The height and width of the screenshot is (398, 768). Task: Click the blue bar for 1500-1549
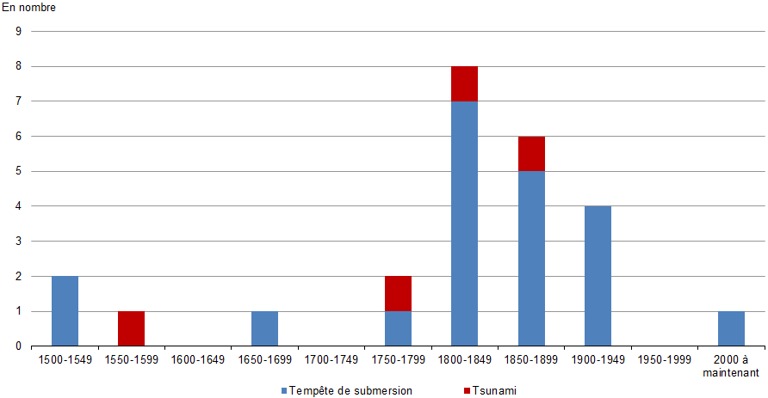point(65,311)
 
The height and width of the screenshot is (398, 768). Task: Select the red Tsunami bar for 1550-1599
point(131,328)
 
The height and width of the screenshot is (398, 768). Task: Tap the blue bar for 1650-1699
point(264,328)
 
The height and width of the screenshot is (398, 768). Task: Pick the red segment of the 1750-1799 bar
point(398,293)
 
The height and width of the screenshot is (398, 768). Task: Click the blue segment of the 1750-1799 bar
point(398,328)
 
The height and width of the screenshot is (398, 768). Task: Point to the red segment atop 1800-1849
point(464,83)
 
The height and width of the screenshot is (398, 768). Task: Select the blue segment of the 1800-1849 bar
point(464,223)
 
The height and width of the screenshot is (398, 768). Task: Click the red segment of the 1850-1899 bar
point(531,153)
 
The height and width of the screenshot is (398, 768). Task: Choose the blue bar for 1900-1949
point(598,276)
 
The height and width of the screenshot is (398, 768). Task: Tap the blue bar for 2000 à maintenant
point(731,328)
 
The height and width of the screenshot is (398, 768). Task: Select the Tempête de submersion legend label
point(351,390)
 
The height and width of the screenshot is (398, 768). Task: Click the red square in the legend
point(467,391)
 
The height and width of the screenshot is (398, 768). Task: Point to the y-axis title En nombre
point(28,8)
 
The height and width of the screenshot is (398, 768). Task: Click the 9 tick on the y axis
point(18,31)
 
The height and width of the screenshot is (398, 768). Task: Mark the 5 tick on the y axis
point(18,171)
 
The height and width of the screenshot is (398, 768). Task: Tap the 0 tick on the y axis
point(18,346)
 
